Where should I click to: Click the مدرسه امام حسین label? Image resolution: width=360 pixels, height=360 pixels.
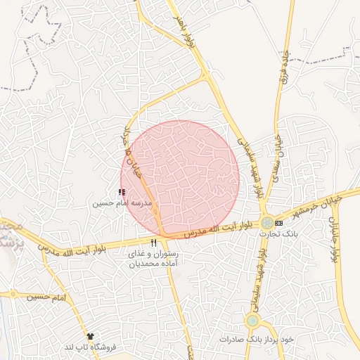122,204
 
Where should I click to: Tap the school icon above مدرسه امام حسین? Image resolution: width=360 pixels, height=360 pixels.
122,191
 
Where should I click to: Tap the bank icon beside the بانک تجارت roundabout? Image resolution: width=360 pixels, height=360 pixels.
280,222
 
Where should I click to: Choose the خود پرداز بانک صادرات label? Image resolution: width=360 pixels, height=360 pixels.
255,339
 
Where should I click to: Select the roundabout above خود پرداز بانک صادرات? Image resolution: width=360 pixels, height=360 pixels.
252,321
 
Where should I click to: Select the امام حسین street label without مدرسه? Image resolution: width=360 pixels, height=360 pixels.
47,297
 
